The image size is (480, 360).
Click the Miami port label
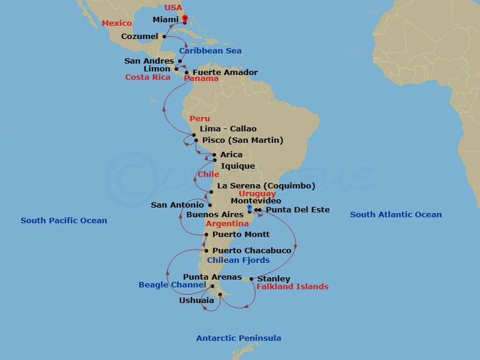coord(166,20)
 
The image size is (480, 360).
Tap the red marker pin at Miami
coord(185,19)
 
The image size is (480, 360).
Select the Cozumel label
coord(140,37)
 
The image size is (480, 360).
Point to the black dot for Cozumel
coord(164,37)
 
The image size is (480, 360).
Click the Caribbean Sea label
coord(210,51)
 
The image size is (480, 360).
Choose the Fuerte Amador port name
coord(225,73)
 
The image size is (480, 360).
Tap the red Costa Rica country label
coord(148,77)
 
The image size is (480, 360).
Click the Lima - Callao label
coord(227,129)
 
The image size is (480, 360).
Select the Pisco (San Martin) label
coord(242,140)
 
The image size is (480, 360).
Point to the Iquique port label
coord(238,166)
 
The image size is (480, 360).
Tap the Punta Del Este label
coord(298,210)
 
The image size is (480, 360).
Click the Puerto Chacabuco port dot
coord(206,251)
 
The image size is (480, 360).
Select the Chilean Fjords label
coord(238,260)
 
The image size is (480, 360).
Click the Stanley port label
coord(274,279)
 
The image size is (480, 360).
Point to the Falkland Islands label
coord(292,287)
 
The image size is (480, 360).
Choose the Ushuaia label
coord(196,300)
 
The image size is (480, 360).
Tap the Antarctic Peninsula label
coord(239,338)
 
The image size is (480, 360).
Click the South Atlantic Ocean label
coord(395,215)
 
